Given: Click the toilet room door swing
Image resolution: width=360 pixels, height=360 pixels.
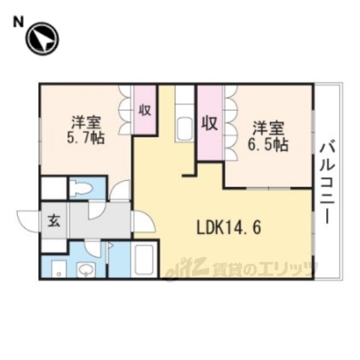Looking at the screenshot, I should click(118, 190).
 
